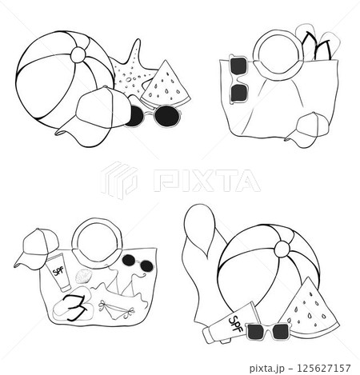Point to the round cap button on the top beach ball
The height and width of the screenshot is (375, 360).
tap(78, 54)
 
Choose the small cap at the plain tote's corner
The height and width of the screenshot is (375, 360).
tap(308, 129)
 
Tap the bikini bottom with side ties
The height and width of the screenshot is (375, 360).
tap(120, 306)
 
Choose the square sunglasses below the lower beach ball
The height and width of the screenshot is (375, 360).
tap(266, 331)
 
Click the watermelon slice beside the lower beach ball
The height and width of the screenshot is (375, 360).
tap(308, 306)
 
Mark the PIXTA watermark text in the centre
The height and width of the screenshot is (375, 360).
tap(206, 180)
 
